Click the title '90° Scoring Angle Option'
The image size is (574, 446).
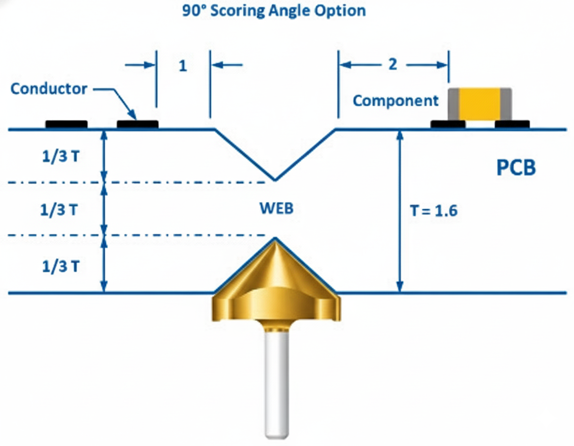(x=274, y=10)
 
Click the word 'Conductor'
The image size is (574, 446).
(x=49, y=89)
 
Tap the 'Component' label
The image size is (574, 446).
(x=396, y=101)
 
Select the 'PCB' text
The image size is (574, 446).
(x=516, y=168)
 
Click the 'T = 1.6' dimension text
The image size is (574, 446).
(x=433, y=211)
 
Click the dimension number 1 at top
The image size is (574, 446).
(x=183, y=66)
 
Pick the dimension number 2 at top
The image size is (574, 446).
(x=393, y=65)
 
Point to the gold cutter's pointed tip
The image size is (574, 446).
(x=275, y=239)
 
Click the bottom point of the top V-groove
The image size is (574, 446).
(x=275, y=179)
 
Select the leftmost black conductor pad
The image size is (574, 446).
(x=66, y=124)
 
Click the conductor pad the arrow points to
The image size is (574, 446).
(x=138, y=124)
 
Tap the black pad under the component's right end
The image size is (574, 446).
(x=512, y=124)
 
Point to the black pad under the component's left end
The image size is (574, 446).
(x=448, y=124)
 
